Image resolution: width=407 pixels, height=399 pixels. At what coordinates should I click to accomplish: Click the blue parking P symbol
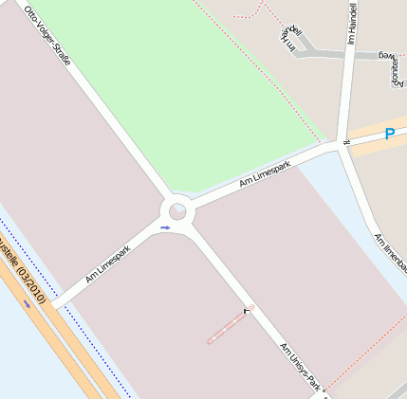(389, 135)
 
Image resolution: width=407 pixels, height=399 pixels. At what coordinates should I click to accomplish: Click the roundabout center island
(177, 211)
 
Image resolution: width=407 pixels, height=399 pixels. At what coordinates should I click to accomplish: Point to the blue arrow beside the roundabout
(166, 227)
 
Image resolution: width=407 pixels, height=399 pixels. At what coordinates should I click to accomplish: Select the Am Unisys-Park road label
(302, 369)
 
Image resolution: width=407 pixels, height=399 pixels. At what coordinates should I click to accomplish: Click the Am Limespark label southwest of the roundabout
(107, 265)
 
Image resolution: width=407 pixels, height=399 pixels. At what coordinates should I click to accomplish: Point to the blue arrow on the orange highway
(26, 302)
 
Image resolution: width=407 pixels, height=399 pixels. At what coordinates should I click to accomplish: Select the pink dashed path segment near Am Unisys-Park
(230, 325)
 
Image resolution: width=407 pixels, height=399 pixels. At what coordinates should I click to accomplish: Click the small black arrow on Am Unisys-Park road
(249, 309)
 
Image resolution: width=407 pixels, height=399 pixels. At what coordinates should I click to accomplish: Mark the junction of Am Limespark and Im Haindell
(342, 145)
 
